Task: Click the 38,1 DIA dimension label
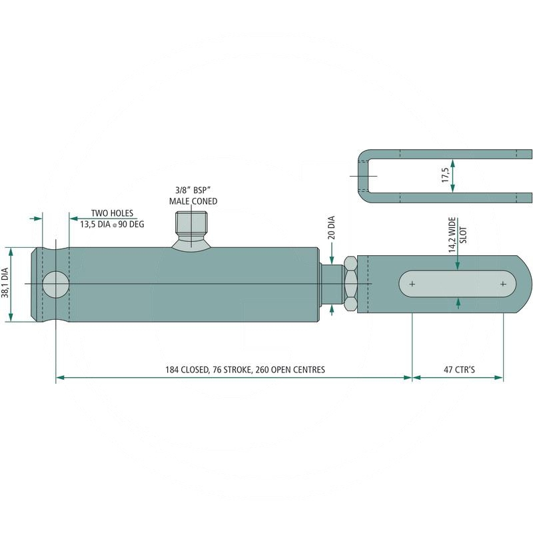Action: (5, 283)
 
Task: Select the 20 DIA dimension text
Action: (332, 227)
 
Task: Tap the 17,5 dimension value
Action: (444, 175)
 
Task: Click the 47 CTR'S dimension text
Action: (458, 369)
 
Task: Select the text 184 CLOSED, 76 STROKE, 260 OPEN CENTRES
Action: (245, 369)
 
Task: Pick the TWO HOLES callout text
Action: (112, 213)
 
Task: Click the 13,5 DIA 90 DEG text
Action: (112, 225)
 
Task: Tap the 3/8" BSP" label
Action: (193, 191)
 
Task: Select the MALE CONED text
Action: (193, 201)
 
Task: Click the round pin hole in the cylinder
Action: (55, 284)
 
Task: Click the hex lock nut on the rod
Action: (350, 284)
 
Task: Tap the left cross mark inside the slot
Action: (412, 284)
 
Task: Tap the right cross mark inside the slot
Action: (503, 284)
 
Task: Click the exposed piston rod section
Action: (331, 284)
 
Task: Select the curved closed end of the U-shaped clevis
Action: (363, 176)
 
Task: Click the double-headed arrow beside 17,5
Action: (453, 175)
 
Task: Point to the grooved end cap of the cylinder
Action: (40, 284)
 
